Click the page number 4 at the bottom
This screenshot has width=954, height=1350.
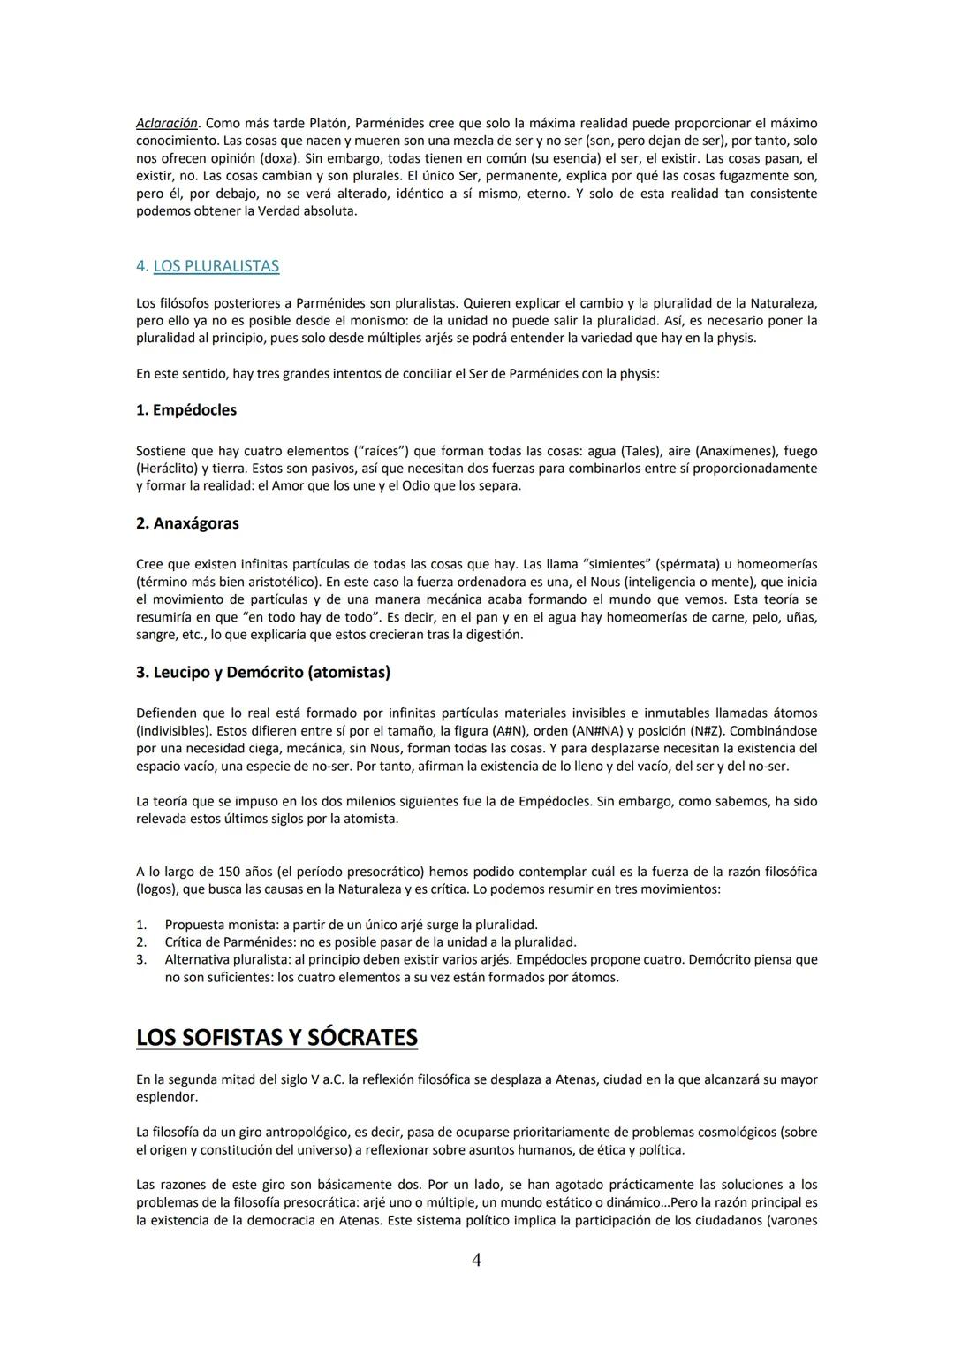(x=476, y=1260)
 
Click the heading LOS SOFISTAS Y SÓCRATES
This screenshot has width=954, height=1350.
(x=276, y=1037)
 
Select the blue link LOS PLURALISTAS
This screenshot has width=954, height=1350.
(x=216, y=266)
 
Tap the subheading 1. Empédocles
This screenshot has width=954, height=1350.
(x=186, y=410)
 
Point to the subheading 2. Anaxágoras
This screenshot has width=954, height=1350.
(x=187, y=523)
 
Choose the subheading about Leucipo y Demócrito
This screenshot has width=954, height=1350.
(x=263, y=672)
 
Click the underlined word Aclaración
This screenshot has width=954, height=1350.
(x=167, y=123)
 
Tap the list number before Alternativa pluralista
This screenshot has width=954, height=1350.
(x=141, y=959)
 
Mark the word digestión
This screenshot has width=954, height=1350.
(x=495, y=635)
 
